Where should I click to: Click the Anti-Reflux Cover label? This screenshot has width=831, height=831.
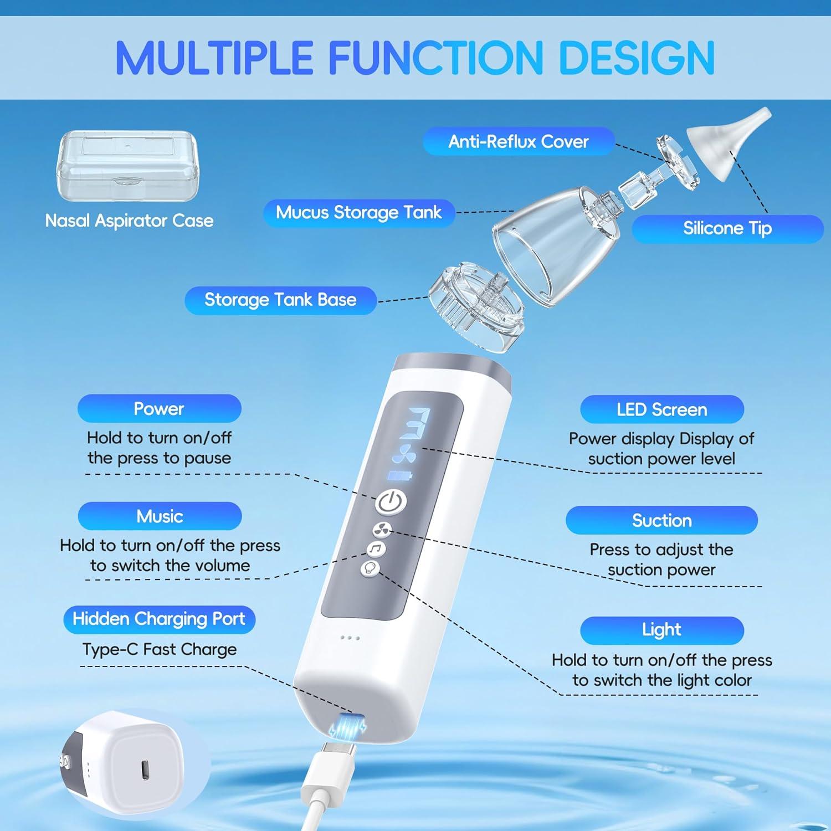pos(518,141)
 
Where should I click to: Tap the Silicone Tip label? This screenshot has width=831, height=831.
pos(727,228)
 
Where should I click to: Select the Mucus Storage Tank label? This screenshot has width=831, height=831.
pos(358,213)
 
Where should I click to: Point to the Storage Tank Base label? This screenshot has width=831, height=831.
pos(280,300)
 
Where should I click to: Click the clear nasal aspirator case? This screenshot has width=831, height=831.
pos(128,166)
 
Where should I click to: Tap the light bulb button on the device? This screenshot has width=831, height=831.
pos(370,568)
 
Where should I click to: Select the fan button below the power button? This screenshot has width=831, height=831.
pos(382,530)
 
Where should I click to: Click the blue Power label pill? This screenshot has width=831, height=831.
pos(159,409)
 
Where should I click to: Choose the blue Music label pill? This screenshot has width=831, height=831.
pos(160,516)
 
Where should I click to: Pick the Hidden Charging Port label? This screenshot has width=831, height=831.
pos(159,619)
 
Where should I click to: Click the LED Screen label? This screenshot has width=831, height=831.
pos(661,410)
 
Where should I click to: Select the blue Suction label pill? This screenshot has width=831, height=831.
pos(661,521)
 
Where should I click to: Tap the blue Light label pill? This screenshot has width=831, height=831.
pos(661,630)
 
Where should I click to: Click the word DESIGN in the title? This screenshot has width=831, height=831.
pos(637,58)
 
